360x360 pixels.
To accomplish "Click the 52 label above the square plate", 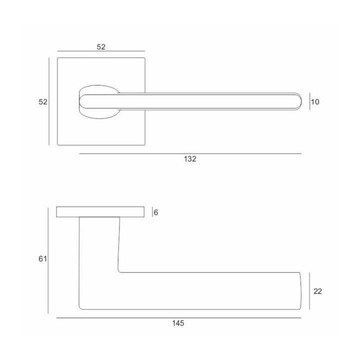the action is coord(101,47).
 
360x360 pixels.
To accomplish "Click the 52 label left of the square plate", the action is coord(43,101).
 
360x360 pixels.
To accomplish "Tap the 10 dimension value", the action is coord(315,101).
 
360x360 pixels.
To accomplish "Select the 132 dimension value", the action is coord(190,159).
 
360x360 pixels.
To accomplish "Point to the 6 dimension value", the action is coord(156,212).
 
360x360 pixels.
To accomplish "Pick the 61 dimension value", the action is coord(42,259).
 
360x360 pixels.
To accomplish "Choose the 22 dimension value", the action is coord(318,291).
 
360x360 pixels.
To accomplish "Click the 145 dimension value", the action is coord(178,323).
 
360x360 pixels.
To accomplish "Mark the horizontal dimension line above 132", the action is coord(190,153).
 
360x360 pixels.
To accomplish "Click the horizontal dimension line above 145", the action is coord(179,318).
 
